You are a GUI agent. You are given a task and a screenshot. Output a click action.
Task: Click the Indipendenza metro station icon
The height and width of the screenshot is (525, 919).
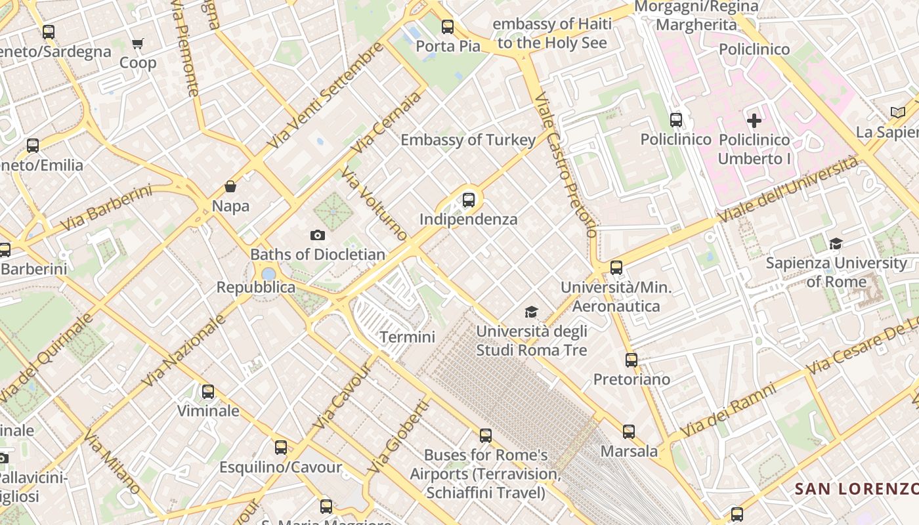pyautogui.click(x=468, y=200)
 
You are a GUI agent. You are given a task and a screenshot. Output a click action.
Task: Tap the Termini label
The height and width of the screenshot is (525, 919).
pyautogui.click(x=407, y=337)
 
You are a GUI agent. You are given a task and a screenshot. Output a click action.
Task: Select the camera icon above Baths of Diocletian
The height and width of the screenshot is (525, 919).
pyautogui.click(x=317, y=235)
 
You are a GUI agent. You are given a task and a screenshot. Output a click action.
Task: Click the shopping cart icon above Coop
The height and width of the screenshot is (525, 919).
pyautogui.click(x=137, y=44)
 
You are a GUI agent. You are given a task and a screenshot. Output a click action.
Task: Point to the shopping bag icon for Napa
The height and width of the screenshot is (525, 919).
pyautogui.click(x=230, y=187)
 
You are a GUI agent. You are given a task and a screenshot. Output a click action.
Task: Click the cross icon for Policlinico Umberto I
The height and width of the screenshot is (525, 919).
pyautogui.click(x=754, y=121)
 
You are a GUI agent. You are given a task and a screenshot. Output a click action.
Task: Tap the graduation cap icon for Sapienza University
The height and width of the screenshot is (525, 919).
pyautogui.click(x=836, y=244)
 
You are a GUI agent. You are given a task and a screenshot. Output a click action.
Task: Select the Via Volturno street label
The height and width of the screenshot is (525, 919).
pyautogui.click(x=374, y=203)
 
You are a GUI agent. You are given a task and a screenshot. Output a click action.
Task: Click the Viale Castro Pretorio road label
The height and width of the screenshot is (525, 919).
pyautogui.click(x=566, y=164)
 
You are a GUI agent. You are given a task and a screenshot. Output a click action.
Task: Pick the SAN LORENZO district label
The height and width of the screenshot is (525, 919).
pyautogui.click(x=856, y=489)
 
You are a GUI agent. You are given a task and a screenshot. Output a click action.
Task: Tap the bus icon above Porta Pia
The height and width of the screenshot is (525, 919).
pyautogui.click(x=448, y=27)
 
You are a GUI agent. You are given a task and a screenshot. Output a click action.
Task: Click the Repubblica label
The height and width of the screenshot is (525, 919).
pyautogui.click(x=255, y=287)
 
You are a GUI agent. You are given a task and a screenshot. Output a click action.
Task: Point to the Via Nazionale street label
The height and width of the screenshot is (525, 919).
pyautogui.click(x=183, y=350)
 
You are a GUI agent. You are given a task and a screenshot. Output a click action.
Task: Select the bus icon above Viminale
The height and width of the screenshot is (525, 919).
pyautogui.click(x=208, y=392)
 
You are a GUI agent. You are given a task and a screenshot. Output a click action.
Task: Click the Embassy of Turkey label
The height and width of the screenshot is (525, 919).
pyautogui.click(x=468, y=140)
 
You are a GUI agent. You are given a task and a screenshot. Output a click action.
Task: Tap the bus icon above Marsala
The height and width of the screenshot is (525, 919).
pyautogui.click(x=629, y=432)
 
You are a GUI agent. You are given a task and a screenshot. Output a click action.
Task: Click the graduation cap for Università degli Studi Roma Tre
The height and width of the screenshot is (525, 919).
pyautogui.click(x=531, y=312)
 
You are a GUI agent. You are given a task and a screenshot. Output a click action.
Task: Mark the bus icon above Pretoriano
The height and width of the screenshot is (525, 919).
pyautogui.click(x=631, y=360)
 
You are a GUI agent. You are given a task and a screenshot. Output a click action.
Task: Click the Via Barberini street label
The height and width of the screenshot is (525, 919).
pyautogui.click(x=106, y=208)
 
